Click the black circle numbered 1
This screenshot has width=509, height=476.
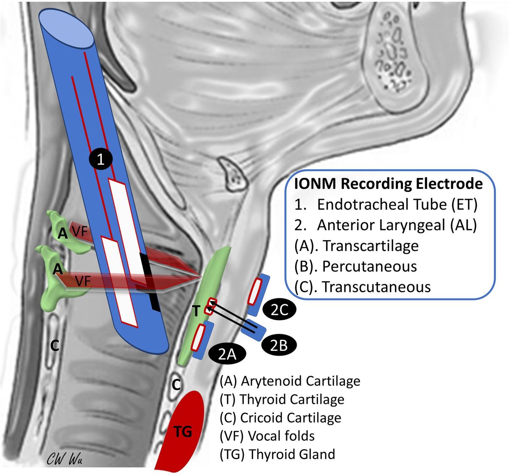101,160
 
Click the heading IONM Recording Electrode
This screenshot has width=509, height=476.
389,184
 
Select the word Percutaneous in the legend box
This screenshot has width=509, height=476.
369,266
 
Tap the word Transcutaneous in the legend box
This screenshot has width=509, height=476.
376,287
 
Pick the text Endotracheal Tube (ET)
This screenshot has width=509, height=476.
397,204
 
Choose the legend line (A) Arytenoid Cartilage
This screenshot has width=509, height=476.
290,381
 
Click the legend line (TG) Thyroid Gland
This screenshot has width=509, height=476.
277,454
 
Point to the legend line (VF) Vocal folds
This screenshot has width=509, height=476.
267,436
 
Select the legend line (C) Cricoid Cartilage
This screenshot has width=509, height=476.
280,417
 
